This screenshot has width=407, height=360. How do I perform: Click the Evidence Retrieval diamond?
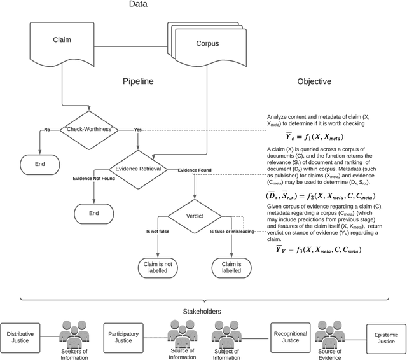click(137, 169)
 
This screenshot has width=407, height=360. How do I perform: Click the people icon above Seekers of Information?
click(74, 331)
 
